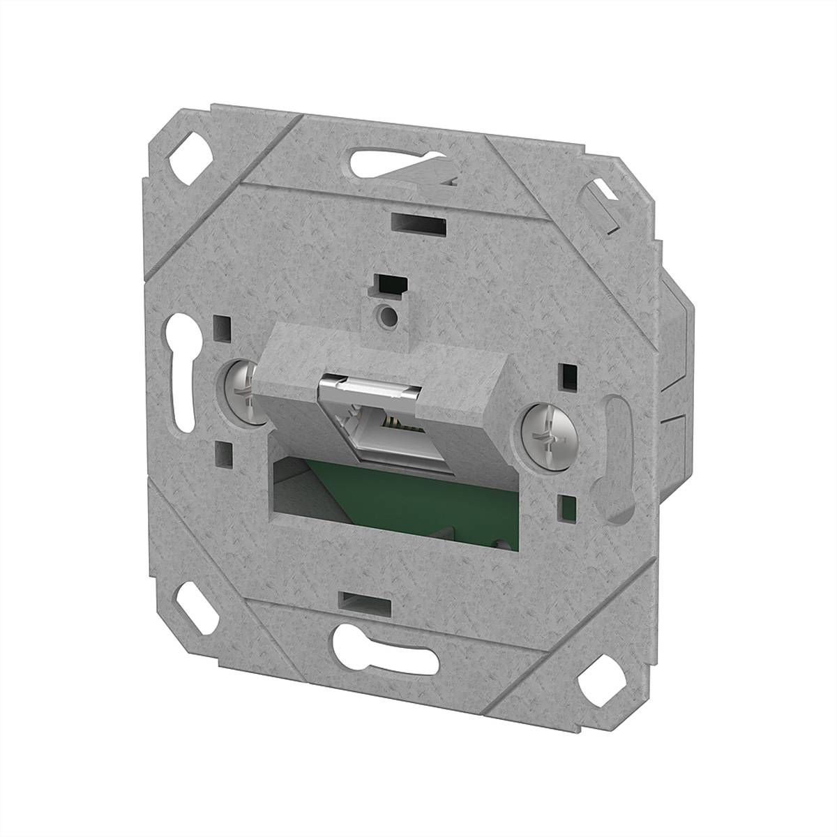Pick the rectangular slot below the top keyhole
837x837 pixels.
418,225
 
